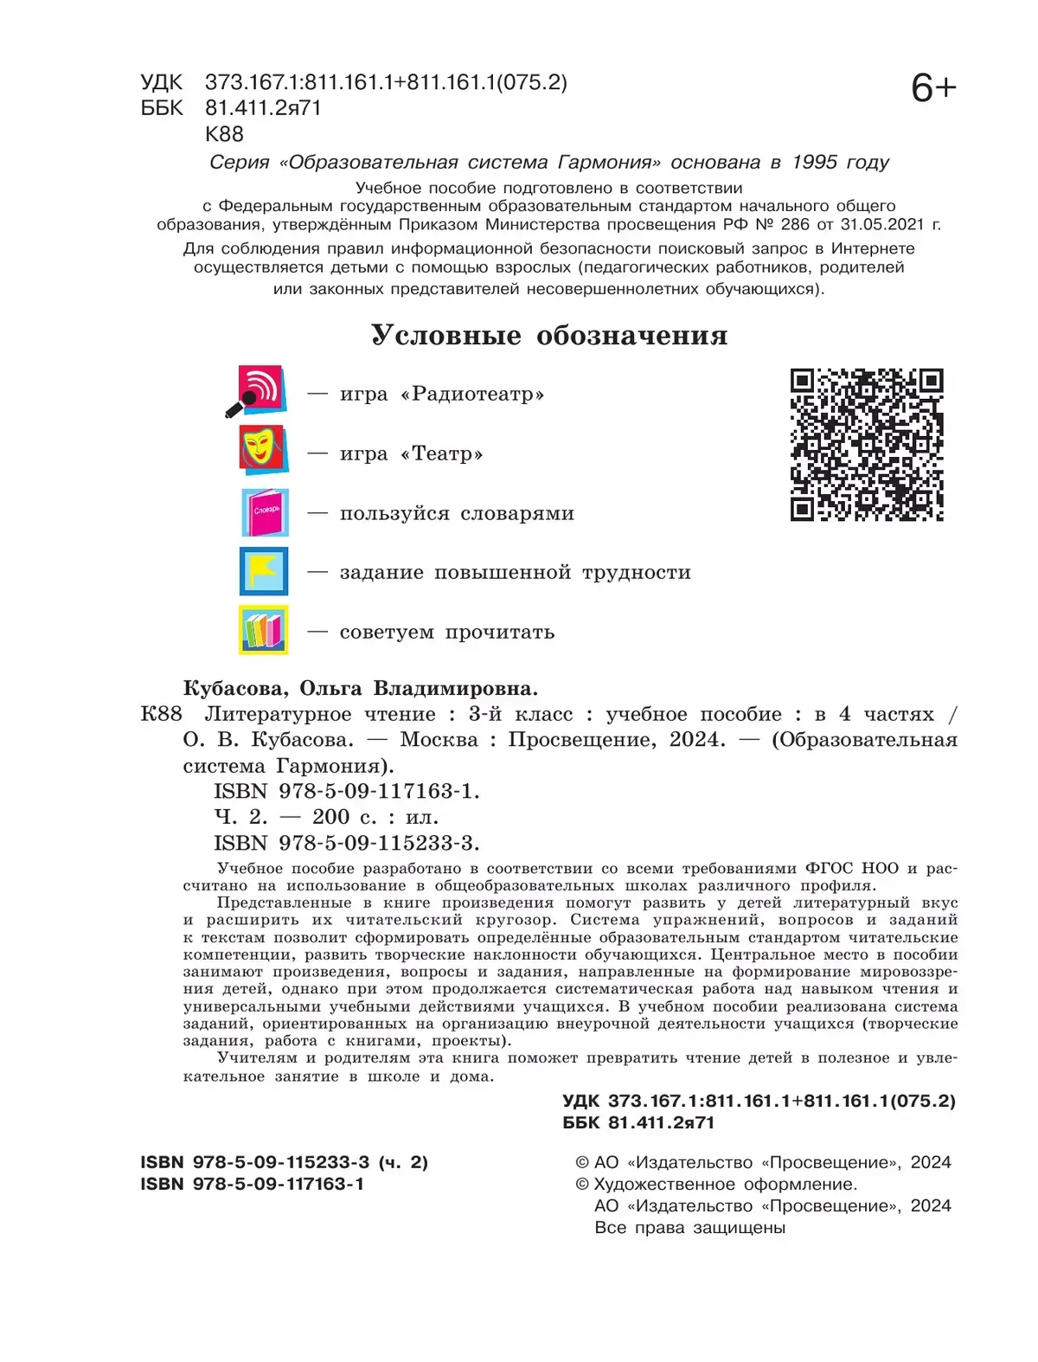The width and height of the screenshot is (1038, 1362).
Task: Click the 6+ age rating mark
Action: [x=933, y=88]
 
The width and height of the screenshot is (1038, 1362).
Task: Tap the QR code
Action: [x=867, y=445]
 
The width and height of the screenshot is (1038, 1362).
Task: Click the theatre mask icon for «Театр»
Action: [x=262, y=450]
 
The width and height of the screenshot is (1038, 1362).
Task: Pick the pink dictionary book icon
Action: [x=265, y=512]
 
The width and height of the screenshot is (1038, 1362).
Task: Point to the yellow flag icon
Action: [x=264, y=571]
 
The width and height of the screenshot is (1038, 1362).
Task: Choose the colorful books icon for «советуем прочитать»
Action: [x=264, y=630]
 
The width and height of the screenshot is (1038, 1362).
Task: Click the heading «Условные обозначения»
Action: [x=549, y=335]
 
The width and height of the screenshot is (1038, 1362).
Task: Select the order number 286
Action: [x=794, y=225]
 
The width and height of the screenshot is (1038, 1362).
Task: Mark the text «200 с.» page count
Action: [x=331, y=817]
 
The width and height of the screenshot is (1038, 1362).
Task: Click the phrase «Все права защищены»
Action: [x=689, y=1228]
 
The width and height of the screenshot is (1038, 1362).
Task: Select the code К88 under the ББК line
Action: [x=224, y=134]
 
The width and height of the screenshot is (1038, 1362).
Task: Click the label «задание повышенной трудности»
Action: [x=515, y=573]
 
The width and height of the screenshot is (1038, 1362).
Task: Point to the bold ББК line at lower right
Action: [x=638, y=1123]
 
